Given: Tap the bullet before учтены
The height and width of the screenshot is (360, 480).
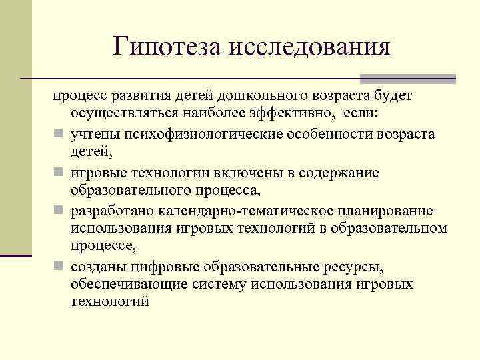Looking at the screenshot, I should (59, 135).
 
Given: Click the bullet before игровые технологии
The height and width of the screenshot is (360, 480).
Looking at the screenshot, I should (59, 173).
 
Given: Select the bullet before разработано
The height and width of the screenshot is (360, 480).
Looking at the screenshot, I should (59, 212).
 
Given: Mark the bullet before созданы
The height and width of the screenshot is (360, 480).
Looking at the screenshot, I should (59, 267).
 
